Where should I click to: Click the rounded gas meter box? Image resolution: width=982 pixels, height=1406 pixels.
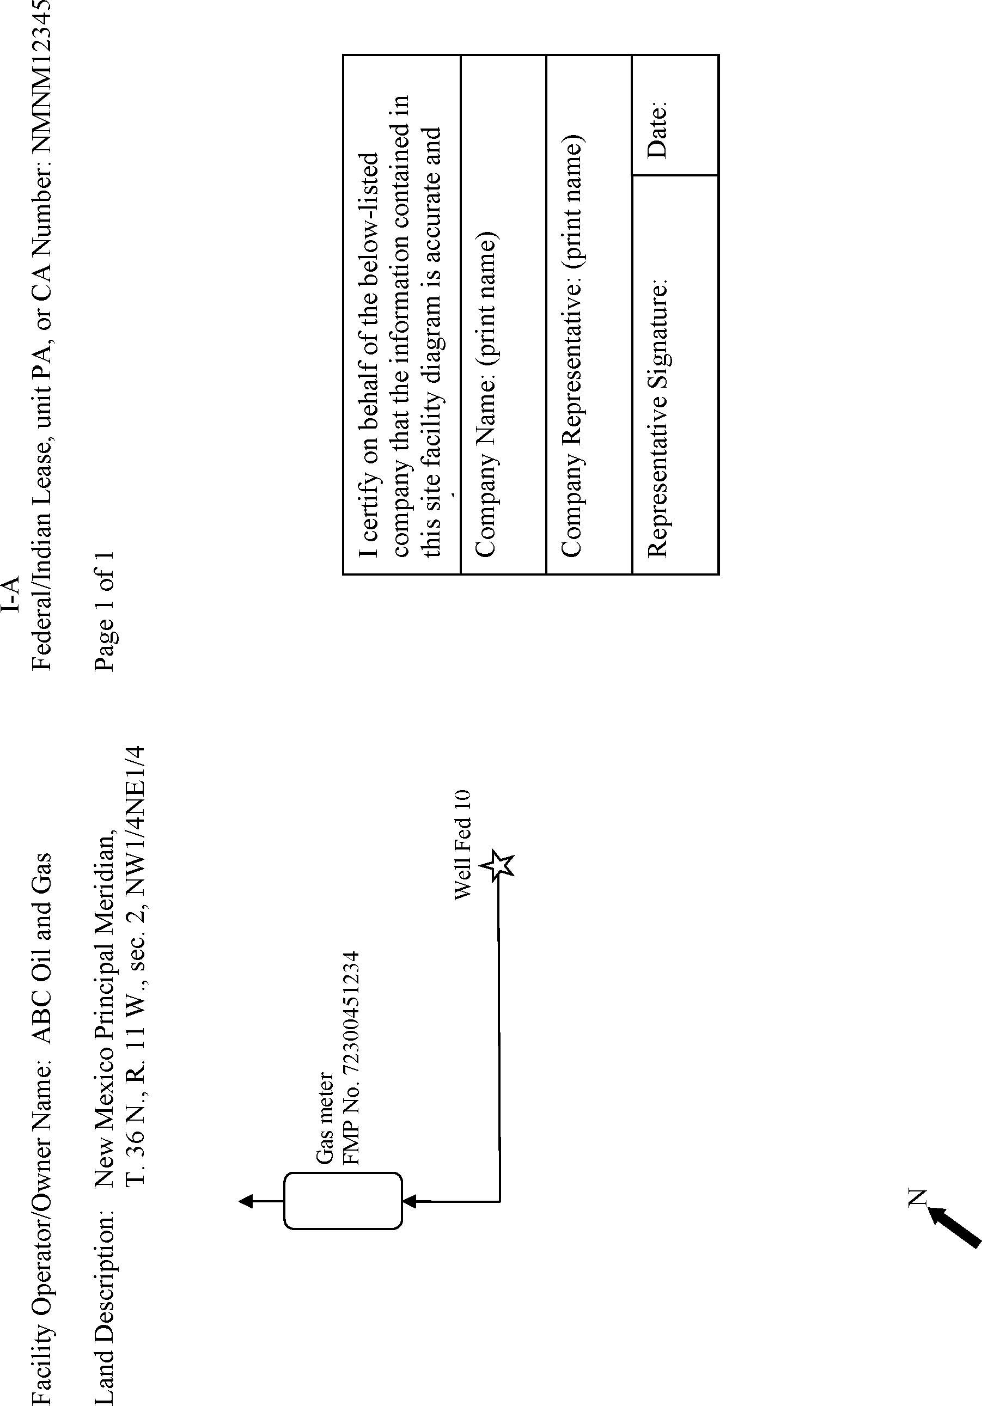343,1200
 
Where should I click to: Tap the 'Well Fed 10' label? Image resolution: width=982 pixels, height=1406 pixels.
462,845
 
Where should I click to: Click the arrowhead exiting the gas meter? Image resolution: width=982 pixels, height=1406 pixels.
246,1201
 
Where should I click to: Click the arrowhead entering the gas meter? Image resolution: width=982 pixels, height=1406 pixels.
409,1201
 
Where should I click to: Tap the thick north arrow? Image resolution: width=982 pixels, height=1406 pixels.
954,1227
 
